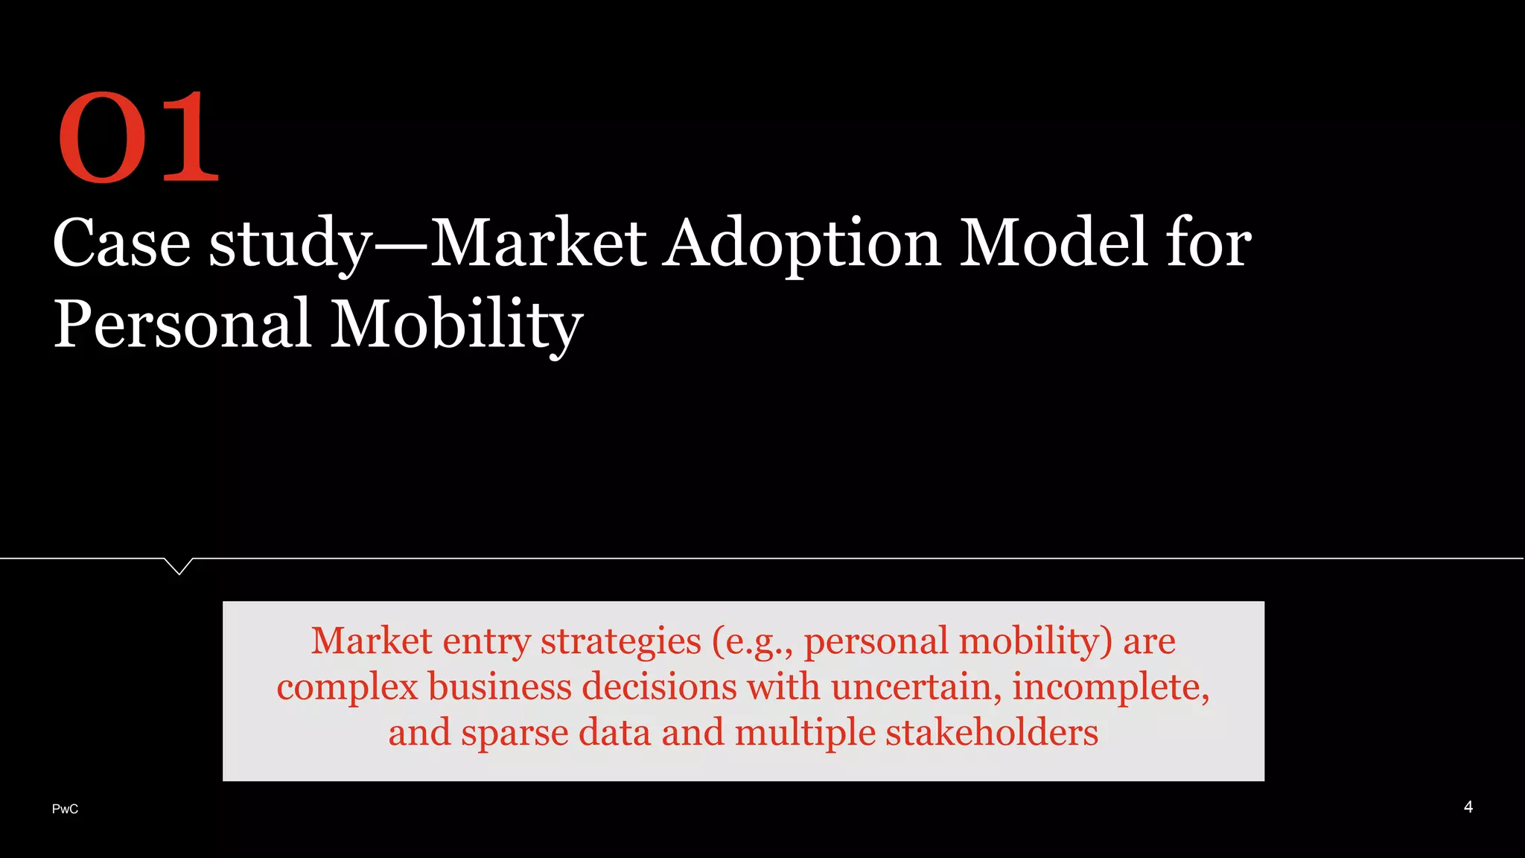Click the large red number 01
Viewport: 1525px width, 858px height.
pos(139,137)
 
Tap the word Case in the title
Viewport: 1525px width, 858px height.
pos(121,243)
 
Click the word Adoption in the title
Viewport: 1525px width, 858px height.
pos(802,243)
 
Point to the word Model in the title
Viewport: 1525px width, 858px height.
pos(1053,243)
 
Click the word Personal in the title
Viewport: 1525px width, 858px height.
pos(182,324)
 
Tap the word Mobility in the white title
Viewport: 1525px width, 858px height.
pos(456,324)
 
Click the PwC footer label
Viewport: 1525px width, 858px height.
pos(66,809)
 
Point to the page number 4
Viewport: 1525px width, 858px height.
pos(1468,807)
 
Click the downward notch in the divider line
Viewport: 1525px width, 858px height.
pos(179,567)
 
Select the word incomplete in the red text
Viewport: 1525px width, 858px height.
pos(1109,686)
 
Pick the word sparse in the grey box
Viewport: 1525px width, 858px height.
pos(515,732)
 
